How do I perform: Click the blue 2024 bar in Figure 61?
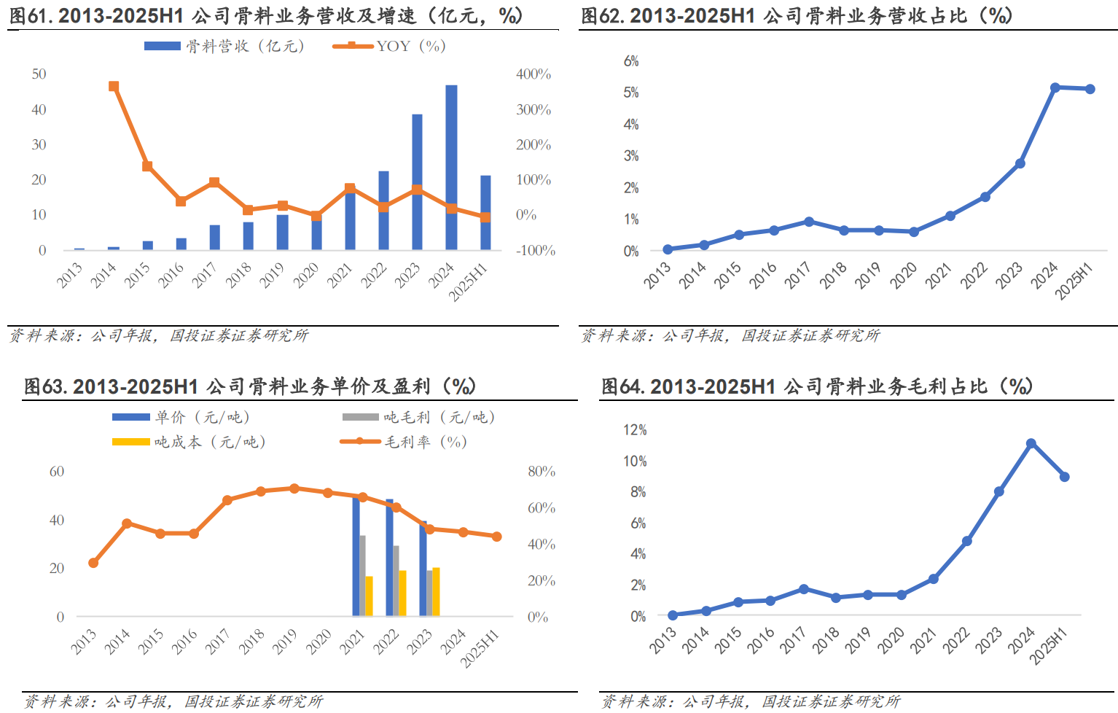451,168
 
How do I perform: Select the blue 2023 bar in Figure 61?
417,182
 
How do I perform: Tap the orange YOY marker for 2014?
114,86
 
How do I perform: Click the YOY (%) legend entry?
389,46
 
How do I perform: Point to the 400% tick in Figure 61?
533,74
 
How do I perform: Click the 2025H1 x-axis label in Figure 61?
469,282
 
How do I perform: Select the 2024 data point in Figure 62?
1055,87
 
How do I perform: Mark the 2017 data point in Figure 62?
809,222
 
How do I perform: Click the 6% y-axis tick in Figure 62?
631,61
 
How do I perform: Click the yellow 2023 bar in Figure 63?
436,592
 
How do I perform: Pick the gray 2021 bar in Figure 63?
362,576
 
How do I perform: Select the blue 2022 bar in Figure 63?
389,558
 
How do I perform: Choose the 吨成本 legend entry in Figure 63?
189,442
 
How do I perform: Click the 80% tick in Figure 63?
542,472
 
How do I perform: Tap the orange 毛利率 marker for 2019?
294,488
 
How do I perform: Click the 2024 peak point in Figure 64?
1031,443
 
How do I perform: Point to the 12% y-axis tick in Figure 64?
635,430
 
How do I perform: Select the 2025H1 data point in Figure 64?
1065,477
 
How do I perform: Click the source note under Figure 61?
159,335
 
